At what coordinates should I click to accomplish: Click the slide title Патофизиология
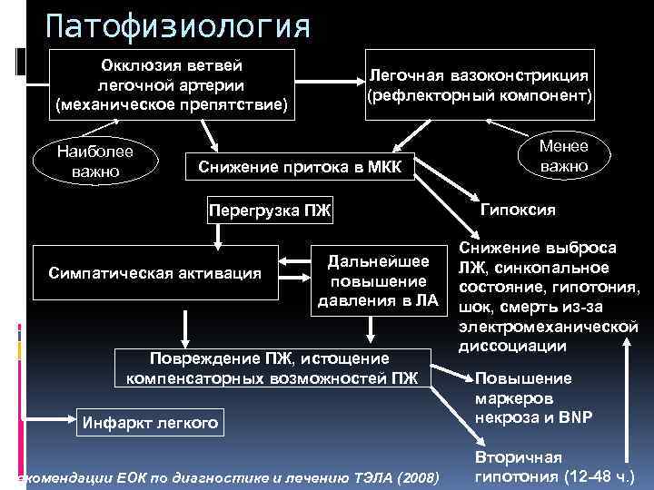(177, 25)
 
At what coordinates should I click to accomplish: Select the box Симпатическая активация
(155, 271)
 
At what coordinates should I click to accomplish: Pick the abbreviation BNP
(576, 417)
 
